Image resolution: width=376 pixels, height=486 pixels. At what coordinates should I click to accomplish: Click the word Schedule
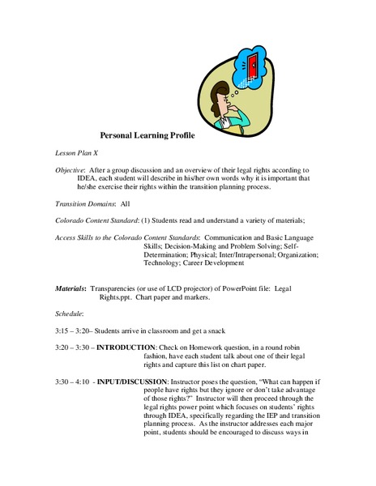[65, 313]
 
